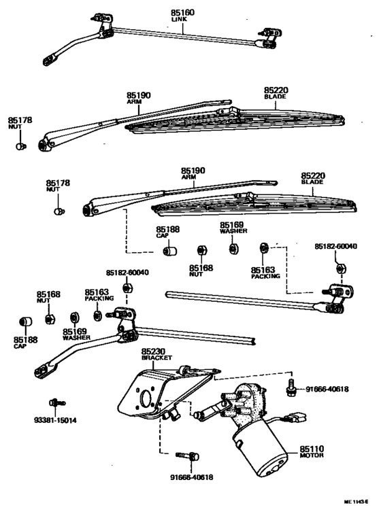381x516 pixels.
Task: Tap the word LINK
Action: point(180,20)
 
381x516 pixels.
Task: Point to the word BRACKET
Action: point(153,359)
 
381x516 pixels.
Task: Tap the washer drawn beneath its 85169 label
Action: point(232,248)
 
